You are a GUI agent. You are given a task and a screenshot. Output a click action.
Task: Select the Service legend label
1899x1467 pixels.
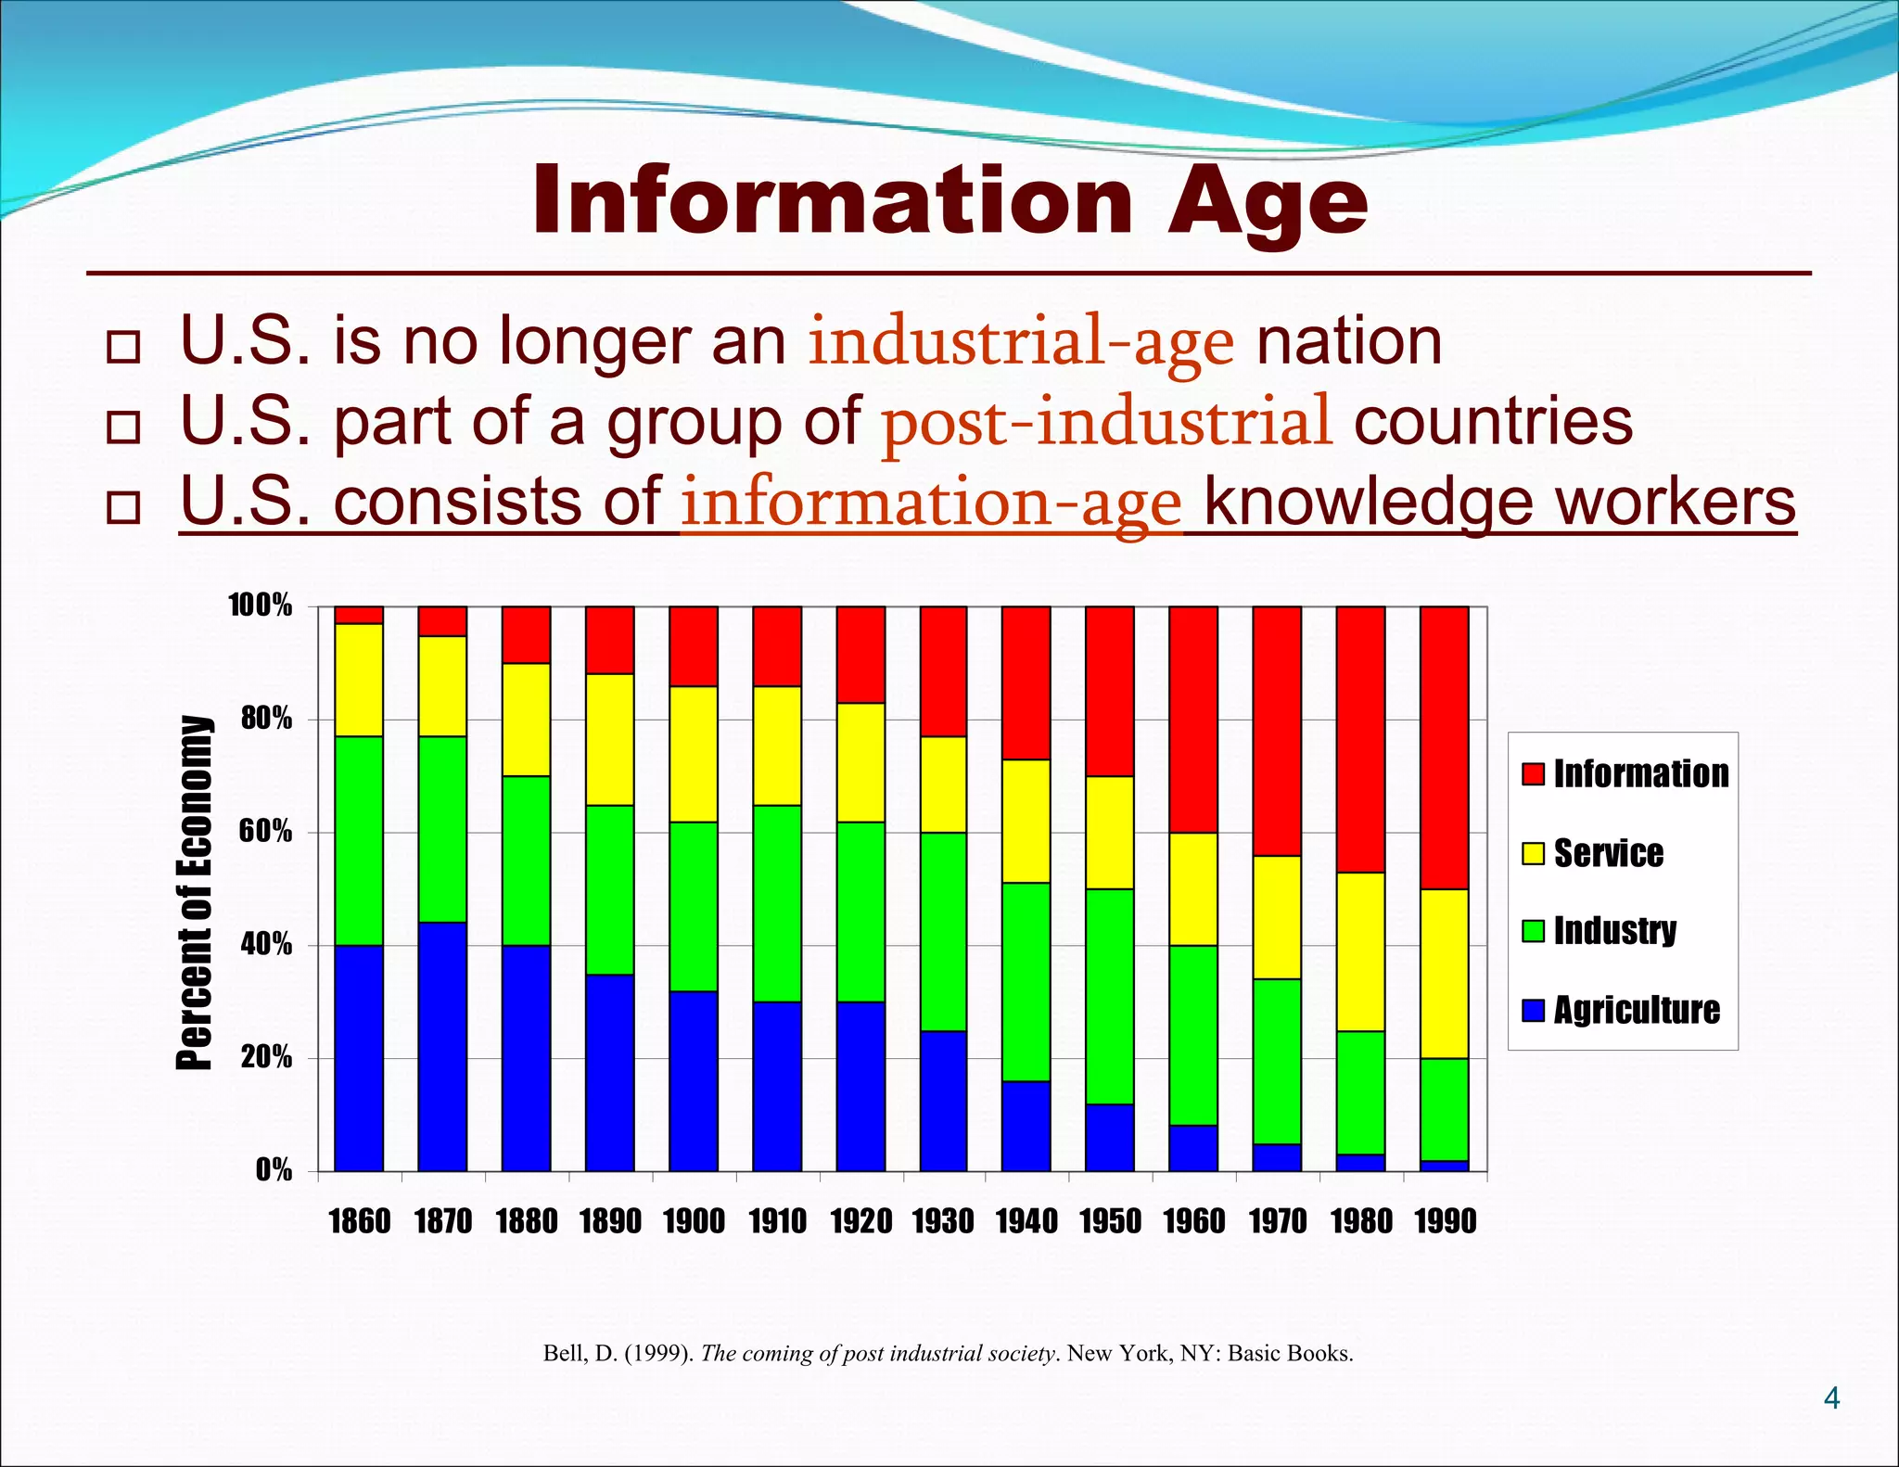click(1608, 853)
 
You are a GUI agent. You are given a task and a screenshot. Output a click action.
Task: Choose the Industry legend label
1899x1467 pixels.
click(1614, 930)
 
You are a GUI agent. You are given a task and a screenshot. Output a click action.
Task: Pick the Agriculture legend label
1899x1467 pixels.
click(1637, 1010)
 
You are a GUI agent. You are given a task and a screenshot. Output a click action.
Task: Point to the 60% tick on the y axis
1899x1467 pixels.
click(265, 832)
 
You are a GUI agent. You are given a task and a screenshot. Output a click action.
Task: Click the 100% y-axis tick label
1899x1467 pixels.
click(260, 606)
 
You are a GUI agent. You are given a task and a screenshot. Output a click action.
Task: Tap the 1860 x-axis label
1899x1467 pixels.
click(360, 1221)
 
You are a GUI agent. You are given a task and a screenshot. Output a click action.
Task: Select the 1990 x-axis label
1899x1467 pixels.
click(1445, 1221)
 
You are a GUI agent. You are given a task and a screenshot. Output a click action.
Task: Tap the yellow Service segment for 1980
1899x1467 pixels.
click(1360, 951)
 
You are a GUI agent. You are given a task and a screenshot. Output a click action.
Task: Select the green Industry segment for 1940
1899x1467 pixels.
click(1026, 981)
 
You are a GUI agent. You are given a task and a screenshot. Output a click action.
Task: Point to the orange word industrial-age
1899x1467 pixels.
click(1021, 342)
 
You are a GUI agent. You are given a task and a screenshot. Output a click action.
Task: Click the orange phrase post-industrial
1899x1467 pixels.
click(1107, 422)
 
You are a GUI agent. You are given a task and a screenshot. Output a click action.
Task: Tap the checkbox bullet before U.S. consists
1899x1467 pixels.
click(123, 507)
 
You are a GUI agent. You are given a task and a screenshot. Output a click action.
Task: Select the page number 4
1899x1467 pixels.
click(1831, 1397)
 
